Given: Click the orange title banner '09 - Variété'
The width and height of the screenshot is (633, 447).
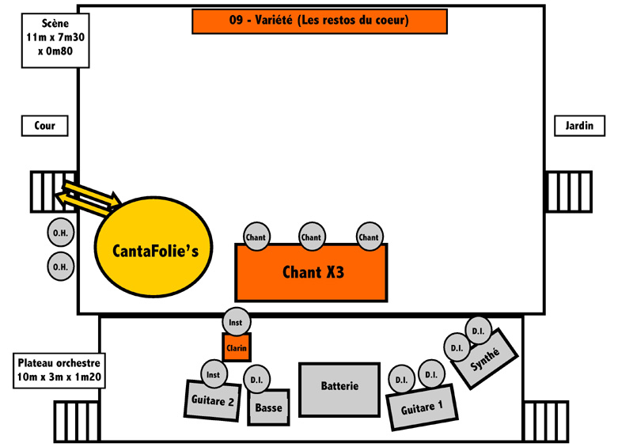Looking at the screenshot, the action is [320, 21].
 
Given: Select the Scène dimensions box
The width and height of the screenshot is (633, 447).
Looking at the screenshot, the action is [55, 40].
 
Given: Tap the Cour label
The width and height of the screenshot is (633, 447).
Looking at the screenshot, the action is [44, 126].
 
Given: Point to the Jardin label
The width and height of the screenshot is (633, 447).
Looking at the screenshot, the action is [579, 126].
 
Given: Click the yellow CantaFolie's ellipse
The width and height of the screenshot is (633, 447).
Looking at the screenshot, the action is [154, 247].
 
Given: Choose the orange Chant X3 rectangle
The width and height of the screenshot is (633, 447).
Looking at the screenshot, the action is [311, 273].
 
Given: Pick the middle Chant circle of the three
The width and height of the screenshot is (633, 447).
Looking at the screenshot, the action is [312, 237].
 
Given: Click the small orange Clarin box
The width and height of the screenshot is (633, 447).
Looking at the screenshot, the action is [237, 347].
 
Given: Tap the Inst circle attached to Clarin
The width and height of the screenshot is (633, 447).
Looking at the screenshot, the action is [236, 322].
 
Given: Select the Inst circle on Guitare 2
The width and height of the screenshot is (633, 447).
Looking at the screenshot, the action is [214, 374].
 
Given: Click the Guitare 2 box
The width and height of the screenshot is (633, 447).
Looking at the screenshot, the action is [212, 400].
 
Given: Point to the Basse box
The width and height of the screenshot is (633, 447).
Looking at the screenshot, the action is [268, 407].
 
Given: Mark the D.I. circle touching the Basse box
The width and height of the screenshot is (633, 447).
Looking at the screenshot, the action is [256, 379].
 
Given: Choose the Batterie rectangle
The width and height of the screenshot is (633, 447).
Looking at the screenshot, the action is [339, 390].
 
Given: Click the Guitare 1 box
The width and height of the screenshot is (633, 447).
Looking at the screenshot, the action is [422, 407].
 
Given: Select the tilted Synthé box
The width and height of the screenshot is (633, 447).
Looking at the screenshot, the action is [484, 359].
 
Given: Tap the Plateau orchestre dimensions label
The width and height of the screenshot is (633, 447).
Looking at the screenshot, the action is [59, 370].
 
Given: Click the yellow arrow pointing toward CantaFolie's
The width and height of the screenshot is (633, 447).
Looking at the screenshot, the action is [92, 193].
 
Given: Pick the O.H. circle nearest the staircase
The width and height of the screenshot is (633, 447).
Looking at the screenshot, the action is [61, 232].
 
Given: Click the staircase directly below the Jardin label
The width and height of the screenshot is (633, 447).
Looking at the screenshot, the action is [569, 191].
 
